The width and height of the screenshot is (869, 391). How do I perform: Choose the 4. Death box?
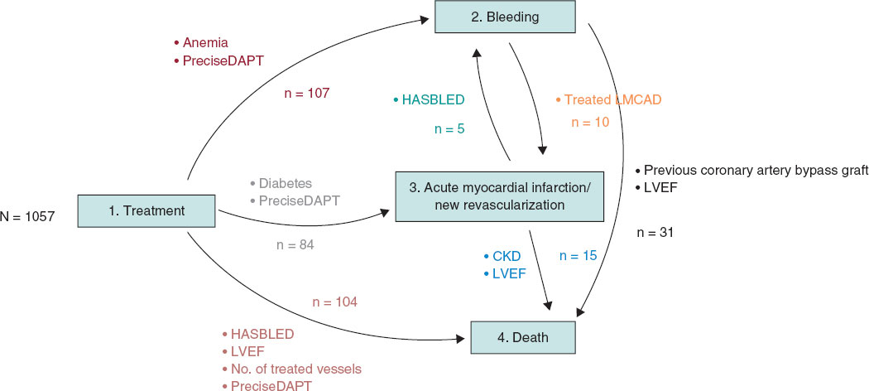click(521, 337)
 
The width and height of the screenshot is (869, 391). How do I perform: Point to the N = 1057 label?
click(28, 217)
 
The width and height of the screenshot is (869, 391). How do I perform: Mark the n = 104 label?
click(334, 302)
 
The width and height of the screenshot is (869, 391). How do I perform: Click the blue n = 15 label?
click(577, 255)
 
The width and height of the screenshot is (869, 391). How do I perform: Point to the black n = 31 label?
click(655, 233)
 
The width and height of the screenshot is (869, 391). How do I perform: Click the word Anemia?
click(204, 42)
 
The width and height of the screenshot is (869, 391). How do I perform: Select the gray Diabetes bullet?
click(281, 183)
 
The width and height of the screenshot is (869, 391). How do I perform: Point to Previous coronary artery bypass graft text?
click(755, 171)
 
